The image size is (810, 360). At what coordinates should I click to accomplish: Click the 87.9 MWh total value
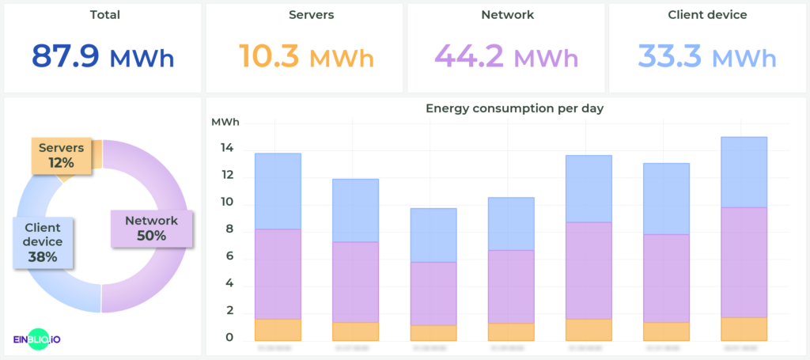click(103, 57)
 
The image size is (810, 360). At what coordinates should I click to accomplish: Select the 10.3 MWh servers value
click(305, 57)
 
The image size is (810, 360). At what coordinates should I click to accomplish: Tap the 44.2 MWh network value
click(505, 57)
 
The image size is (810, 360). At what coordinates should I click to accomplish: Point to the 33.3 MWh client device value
click(707, 57)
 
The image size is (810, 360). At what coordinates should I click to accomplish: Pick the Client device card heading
click(707, 15)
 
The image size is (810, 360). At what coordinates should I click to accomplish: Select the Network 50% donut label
click(151, 228)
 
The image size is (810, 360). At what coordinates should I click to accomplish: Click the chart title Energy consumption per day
click(515, 108)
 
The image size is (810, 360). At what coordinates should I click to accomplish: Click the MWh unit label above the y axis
click(225, 122)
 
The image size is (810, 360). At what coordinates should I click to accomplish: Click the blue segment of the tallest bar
click(744, 172)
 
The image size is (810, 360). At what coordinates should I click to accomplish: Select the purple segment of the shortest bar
click(433, 294)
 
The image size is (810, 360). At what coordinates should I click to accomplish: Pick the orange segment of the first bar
click(278, 330)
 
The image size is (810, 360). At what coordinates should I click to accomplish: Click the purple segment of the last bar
click(744, 262)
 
